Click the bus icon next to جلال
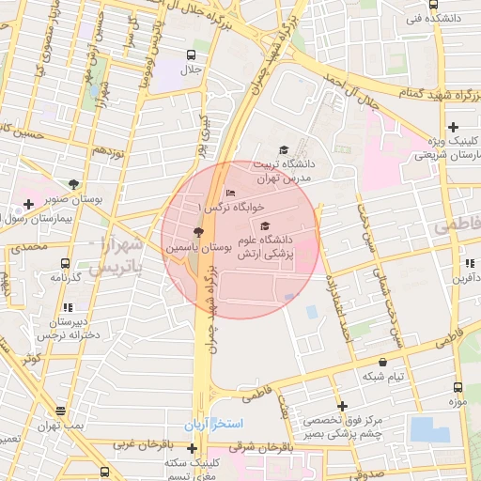pyautogui.click(x=191, y=54)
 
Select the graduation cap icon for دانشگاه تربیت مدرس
pyautogui.click(x=284, y=149)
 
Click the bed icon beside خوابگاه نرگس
pyautogui.click(x=231, y=194)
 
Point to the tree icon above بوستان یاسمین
pyautogui.click(x=197, y=232)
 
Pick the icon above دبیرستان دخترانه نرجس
pyautogui.click(x=67, y=307)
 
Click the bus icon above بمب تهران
pyautogui.click(x=60, y=411)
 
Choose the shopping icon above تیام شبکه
pyautogui.click(x=382, y=362)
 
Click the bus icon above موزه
pyautogui.click(x=458, y=387)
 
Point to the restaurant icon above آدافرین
pyautogui.click(x=468, y=264)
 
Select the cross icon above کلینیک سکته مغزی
pyautogui.click(x=193, y=448)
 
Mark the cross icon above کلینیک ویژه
pyautogui.click(x=454, y=126)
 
